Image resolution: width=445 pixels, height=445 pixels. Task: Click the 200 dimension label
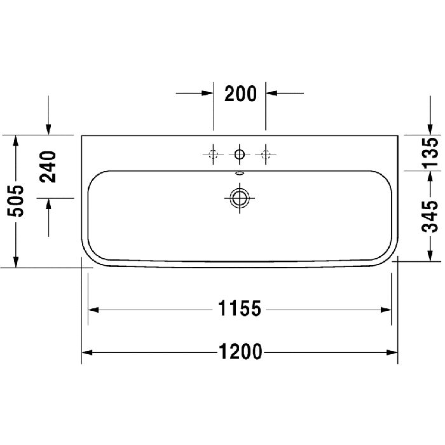click(240, 93)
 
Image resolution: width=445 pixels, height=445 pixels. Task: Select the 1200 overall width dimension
click(240, 352)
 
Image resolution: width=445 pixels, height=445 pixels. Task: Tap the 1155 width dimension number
click(240, 310)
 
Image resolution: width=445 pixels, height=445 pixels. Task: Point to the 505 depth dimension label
click(17, 201)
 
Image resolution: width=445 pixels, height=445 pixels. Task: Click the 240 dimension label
click(49, 167)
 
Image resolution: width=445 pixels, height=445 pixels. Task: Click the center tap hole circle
click(240, 153)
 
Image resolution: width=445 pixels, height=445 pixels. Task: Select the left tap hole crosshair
click(213, 153)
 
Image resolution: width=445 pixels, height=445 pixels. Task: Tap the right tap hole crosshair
click(266, 153)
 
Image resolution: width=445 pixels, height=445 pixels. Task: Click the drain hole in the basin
click(240, 197)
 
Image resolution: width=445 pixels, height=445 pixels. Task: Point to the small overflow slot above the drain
click(240, 172)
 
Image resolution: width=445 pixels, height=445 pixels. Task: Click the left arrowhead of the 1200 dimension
click(87, 352)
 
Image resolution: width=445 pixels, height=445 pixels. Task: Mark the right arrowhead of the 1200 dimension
click(392, 352)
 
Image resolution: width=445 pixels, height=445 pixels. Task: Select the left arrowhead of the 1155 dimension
click(93, 310)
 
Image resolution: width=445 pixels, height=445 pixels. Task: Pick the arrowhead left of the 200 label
click(207, 93)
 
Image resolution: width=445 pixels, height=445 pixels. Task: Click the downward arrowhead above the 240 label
click(49, 130)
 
